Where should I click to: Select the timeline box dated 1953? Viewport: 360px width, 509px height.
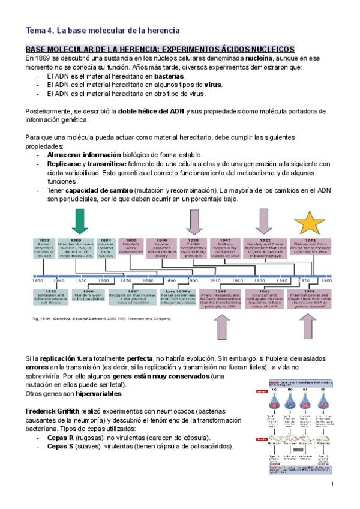tap(310, 247)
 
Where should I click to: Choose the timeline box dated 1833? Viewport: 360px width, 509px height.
tap(45, 247)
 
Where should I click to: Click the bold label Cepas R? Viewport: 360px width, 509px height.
tap(62, 438)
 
